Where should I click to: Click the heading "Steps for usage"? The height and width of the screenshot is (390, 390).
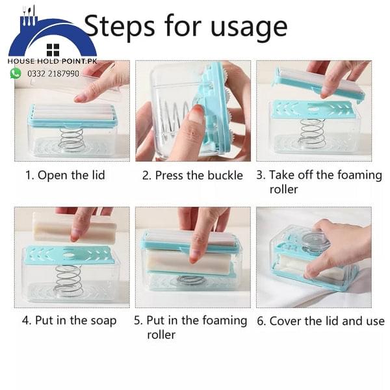(186, 27)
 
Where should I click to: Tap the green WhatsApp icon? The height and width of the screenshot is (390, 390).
(16, 73)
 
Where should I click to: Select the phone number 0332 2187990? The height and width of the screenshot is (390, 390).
(53, 73)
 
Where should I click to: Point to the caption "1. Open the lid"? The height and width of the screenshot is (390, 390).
(65, 175)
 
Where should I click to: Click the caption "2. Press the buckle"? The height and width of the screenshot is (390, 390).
(192, 175)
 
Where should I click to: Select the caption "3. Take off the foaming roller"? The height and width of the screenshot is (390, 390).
(318, 182)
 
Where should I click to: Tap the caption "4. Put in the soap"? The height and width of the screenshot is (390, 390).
(70, 320)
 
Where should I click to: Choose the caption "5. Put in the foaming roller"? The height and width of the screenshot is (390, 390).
(191, 327)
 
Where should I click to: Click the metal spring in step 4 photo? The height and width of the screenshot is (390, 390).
(68, 280)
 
